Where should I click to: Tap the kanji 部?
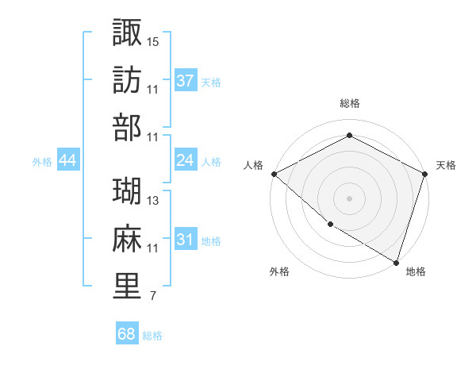(x=127, y=127)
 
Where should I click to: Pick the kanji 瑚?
(x=127, y=190)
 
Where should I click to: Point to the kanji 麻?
(x=127, y=238)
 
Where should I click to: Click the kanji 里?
(x=127, y=286)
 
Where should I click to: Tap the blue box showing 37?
(x=186, y=80)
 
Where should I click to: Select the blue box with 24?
(x=186, y=160)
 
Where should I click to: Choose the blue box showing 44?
(x=67, y=160)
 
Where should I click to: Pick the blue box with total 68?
(x=127, y=334)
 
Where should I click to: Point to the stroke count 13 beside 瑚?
(x=153, y=201)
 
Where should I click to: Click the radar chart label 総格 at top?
(x=350, y=103)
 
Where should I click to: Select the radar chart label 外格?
(x=279, y=272)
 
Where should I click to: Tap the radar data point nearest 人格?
(x=274, y=174)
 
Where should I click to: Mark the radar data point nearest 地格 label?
(x=396, y=261)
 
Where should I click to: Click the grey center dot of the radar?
(x=350, y=198)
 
